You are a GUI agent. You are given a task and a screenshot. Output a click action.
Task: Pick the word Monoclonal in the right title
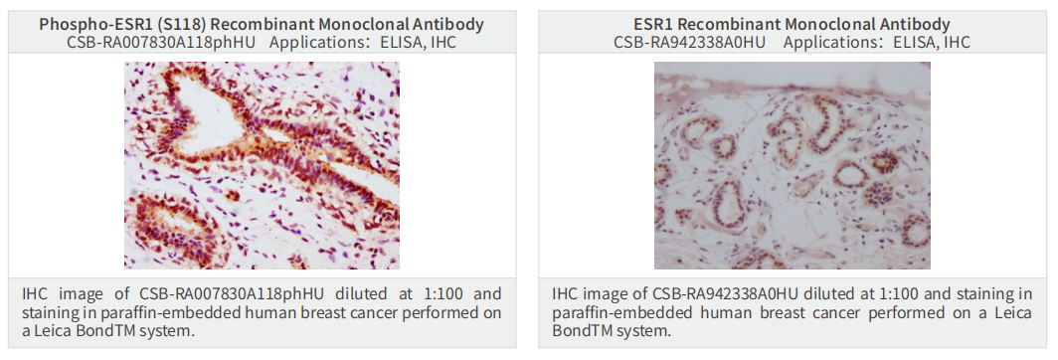(842, 25)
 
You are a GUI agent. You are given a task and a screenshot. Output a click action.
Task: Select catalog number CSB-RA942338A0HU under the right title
(690, 43)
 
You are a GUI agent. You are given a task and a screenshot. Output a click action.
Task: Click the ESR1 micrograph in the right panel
(793, 165)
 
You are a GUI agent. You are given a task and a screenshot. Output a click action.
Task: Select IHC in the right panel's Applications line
(957, 43)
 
